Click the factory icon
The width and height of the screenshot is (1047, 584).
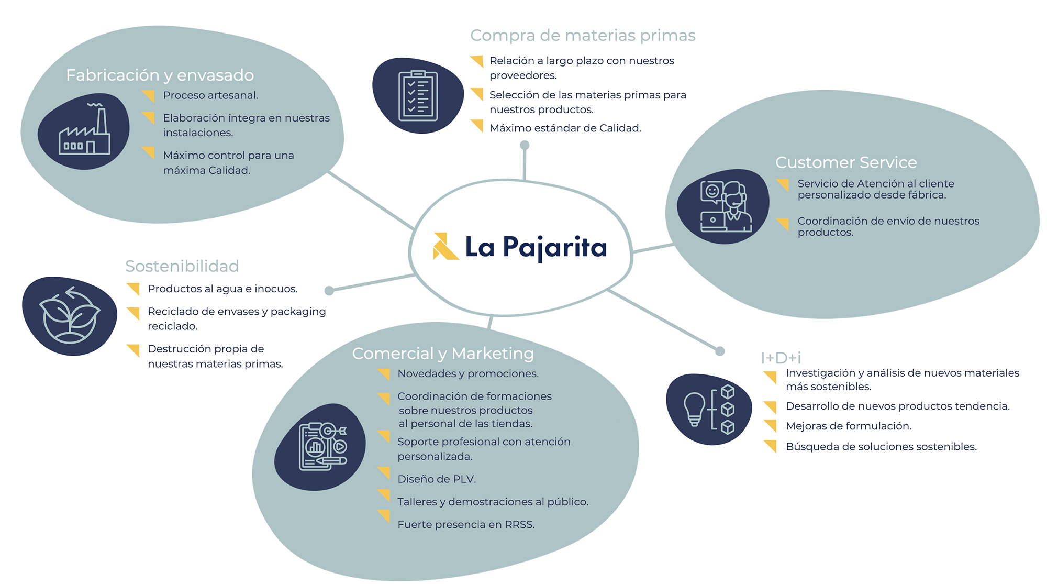tap(84, 131)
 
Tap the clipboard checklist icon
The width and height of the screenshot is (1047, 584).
tap(418, 96)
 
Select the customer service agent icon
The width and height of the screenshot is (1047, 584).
tap(725, 206)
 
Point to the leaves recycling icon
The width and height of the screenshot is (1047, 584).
tap(70, 315)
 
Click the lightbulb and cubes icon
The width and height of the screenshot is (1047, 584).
tap(709, 410)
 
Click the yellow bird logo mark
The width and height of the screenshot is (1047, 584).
tap(444, 246)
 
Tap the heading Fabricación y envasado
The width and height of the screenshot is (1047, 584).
tap(160, 75)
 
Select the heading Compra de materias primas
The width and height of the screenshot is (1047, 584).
tap(583, 35)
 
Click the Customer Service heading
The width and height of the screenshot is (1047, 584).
tap(846, 162)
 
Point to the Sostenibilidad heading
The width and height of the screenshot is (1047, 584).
tap(182, 266)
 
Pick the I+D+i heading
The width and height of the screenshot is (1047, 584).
tap(781, 358)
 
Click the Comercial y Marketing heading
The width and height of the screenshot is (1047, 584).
tap(443, 354)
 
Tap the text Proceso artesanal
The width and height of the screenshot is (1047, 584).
tap(210, 95)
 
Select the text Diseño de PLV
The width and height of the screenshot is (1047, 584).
tap(437, 479)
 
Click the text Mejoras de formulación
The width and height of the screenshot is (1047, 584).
tap(849, 426)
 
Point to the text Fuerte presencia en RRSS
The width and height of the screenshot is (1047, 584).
tap(466, 524)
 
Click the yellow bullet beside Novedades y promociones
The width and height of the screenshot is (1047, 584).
tap(384, 374)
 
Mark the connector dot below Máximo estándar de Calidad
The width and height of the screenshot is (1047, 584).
tap(525, 145)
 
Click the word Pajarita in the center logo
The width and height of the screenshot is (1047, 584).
tap(554, 247)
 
